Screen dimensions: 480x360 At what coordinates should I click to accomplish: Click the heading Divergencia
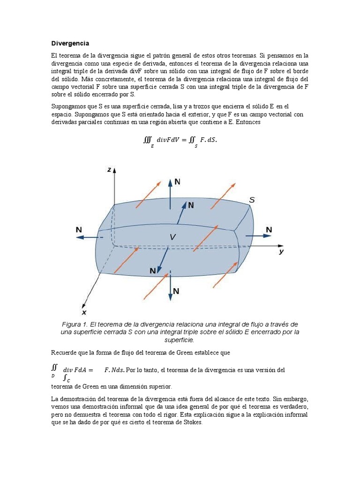pyautogui.click(x=70, y=43)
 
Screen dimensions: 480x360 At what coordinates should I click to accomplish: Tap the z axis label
pyautogui.click(x=109, y=170)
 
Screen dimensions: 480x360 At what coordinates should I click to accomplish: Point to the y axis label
pyautogui.click(x=281, y=252)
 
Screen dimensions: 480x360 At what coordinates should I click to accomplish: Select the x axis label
pyautogui.click(x=84, y=312)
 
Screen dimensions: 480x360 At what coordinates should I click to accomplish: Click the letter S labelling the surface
pyautogui.click(x=252, y=200)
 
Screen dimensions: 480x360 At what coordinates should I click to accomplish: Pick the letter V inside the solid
pyautogui.click(x=172, y=238)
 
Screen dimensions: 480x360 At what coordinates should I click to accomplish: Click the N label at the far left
pyautogui.click(x=79, y=229)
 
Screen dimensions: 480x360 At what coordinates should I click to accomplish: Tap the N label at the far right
pyautogui.click(x=269, y=229)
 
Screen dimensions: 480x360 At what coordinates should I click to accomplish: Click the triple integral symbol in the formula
pyautogui.click(x=148, y=140)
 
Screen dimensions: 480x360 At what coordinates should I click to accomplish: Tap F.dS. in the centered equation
pyautogui.click(x=209, y=140)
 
